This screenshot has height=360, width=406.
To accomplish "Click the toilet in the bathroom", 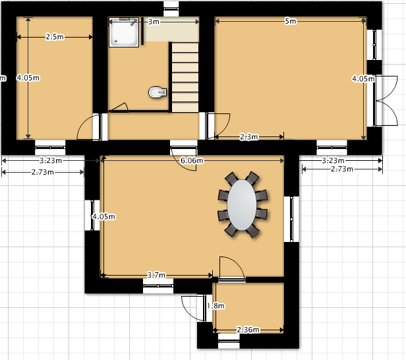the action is pos(158,92).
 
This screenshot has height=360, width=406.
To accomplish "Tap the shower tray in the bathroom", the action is pos(124,32).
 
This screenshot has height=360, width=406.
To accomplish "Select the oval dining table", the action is pos(242,205).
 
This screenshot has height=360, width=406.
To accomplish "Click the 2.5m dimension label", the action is pos(55,37).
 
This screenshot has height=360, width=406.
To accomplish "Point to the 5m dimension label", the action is pos(290,21).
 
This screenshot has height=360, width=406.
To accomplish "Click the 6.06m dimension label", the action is pos(192,161).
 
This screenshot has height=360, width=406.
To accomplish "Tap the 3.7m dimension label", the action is pos(156,275).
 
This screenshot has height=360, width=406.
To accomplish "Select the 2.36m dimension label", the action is pos(248,330).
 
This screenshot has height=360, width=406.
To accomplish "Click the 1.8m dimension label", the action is pos(216,306).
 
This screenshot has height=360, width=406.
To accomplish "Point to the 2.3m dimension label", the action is pos(249,136).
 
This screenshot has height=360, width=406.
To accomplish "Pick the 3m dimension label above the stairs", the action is pos(154,22).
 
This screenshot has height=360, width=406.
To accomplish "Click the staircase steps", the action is pos(185,77).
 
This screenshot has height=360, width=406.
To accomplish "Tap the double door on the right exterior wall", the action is pos(386,101).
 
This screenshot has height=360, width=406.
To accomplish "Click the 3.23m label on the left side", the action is pos(51,161).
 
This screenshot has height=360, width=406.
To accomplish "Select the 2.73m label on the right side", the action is pos(342,169).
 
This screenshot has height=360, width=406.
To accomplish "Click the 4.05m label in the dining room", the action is pos(103,216).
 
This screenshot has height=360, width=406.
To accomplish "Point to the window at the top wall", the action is pos(171,9).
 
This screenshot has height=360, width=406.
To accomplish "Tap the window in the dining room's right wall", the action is pos(291,219).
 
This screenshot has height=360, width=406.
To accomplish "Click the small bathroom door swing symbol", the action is pos(119,107).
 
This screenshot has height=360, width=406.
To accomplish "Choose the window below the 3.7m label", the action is pos(158,286).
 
